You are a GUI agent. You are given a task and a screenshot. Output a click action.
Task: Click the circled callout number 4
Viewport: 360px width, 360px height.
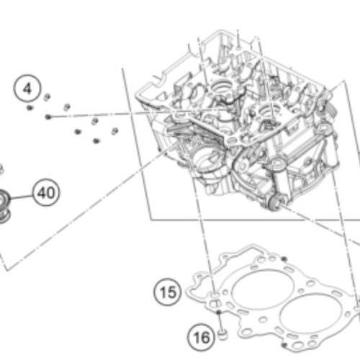27,88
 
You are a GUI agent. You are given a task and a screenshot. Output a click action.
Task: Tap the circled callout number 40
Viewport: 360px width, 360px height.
46,193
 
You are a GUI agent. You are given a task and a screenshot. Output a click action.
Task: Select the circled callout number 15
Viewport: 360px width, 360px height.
168,292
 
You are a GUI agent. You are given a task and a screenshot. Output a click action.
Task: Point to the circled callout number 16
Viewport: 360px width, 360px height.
202,337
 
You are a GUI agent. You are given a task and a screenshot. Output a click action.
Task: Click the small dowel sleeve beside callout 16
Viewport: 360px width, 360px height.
222,335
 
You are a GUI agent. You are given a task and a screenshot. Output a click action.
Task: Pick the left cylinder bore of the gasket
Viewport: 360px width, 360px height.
262,289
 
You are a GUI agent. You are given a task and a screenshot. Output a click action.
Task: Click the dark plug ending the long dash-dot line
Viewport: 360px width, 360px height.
48,117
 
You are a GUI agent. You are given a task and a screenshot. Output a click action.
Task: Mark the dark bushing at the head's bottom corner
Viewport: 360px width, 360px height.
274,202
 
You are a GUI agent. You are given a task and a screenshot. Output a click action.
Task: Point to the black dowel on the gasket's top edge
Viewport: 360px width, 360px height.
284,259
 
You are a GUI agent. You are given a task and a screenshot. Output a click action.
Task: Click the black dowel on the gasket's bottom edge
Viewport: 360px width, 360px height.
284,346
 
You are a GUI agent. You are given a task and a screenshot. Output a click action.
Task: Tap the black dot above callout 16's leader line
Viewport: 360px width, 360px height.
219,312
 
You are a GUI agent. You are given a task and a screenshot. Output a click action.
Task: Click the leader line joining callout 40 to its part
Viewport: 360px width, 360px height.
22,197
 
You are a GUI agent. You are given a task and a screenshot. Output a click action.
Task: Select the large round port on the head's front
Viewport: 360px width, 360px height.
210,161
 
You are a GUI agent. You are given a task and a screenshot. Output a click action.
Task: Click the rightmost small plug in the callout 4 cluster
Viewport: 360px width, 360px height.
114,131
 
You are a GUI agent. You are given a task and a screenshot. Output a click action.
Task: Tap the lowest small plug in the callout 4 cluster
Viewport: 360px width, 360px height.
96,140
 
